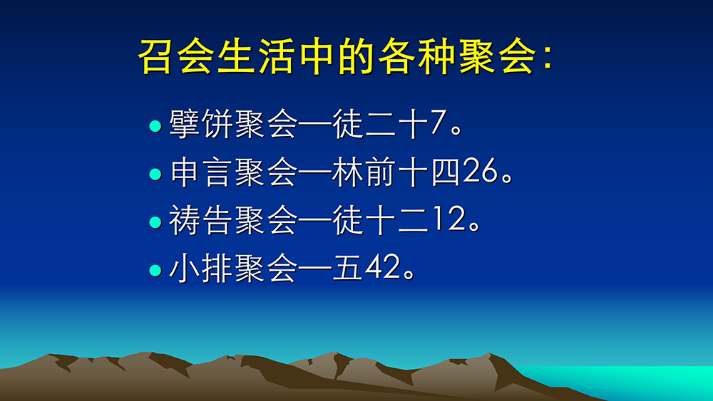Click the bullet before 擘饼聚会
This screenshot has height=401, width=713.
tap(155, 126)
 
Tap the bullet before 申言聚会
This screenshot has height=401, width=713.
tap(155, 175)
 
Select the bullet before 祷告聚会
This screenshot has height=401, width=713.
tap(155, 222)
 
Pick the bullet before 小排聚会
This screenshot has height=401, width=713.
tap(155, 271)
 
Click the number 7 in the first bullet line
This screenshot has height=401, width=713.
tap(438, 123)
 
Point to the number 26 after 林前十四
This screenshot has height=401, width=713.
tap(480, 171)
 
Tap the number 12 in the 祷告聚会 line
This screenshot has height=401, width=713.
tap(450, 219)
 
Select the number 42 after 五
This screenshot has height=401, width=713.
tap(382, 268)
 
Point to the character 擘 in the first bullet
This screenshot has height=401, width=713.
tap(185, 123)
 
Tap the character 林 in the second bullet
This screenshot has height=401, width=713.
tap(348, 172)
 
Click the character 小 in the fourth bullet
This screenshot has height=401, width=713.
tap(185, 268)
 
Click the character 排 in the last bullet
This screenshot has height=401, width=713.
tap(217, 268)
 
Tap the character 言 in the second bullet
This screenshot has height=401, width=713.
tap(217, 172)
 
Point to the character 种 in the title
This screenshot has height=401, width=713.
tap(435, 56)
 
